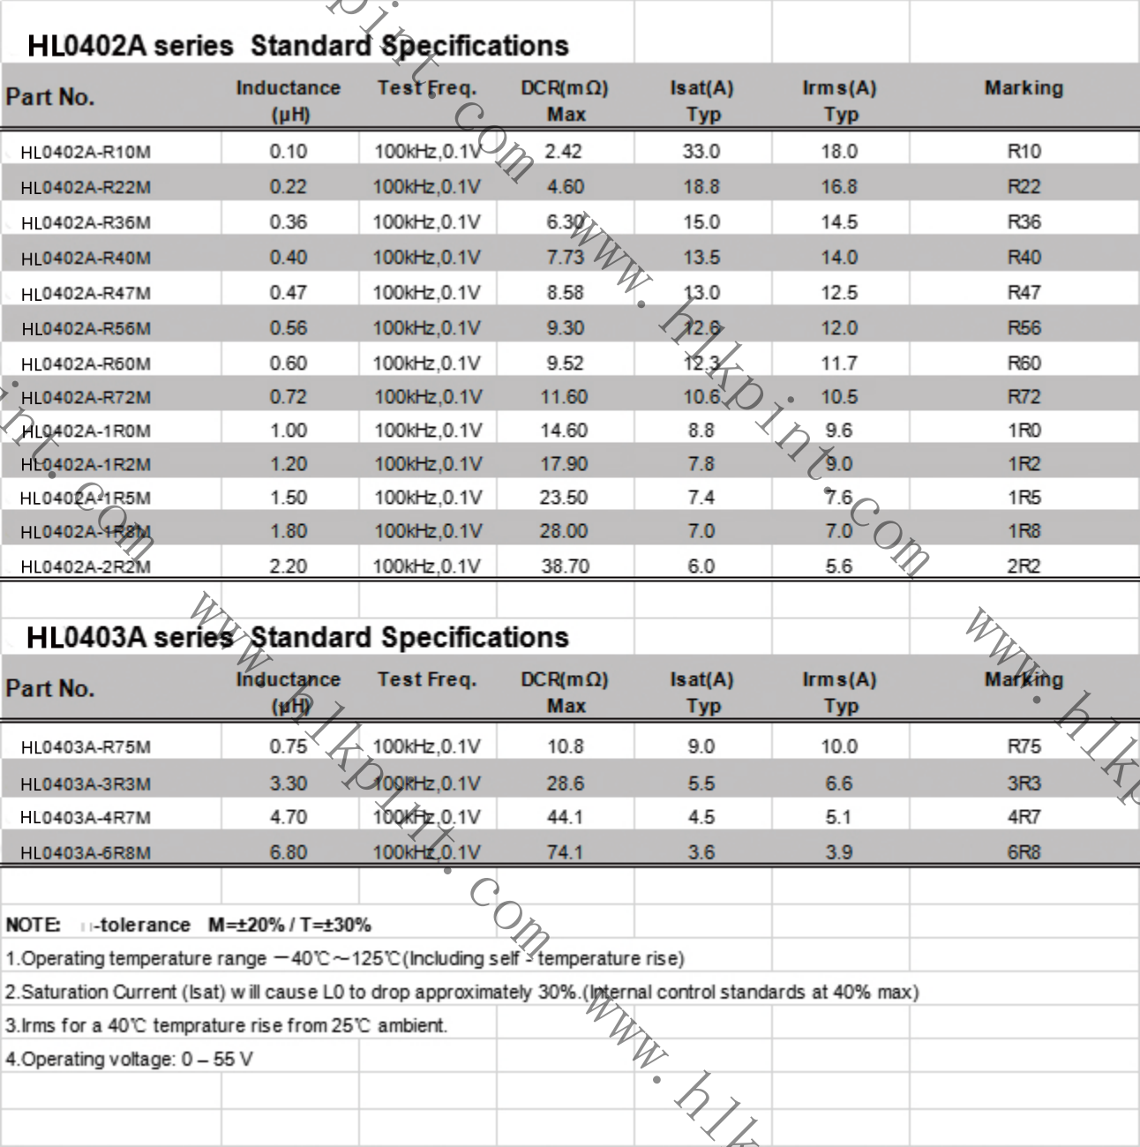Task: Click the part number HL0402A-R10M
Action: tap(86, 152)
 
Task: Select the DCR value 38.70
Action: tap(565, 566)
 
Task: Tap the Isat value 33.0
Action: tap(701, 152)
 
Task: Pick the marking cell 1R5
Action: tap(1024, 498)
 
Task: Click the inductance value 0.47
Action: tap(288, 293)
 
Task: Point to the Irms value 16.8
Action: tap(838, 187)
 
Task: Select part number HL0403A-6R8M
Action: tap(86, 853)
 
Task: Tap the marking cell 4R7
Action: tap(1024, 817)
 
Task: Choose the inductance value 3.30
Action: tap(288, 783)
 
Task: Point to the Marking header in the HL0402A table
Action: tap(1024, 88)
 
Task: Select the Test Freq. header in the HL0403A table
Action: tap(426, 679)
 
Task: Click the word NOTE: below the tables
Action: tap(33, 925)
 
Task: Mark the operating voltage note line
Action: tap(129, 1059)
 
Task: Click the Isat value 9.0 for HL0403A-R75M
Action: tap(701, 746)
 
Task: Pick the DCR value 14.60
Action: tap(564, 431)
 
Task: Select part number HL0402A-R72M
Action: tap(86, 398)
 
